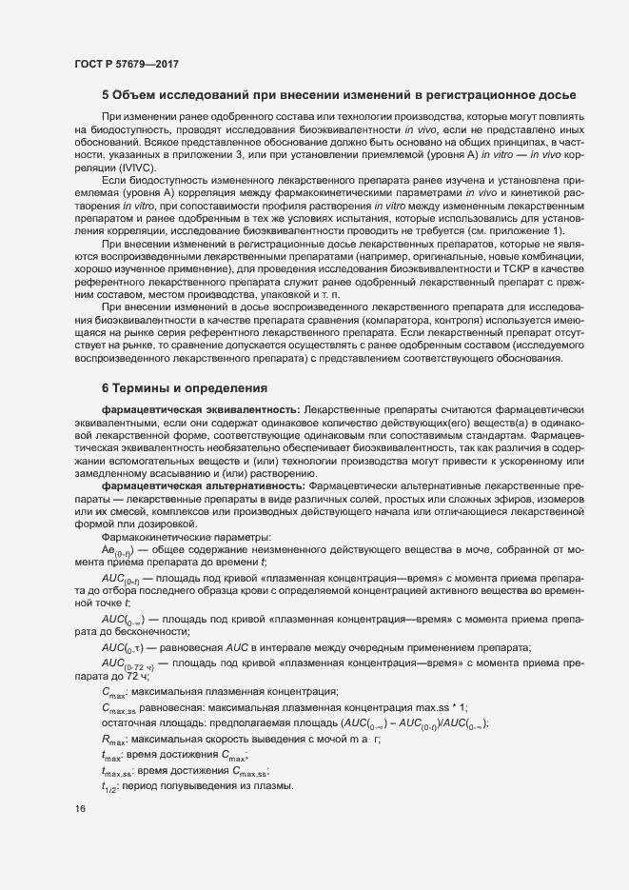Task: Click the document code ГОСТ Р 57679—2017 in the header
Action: point(126,63)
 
